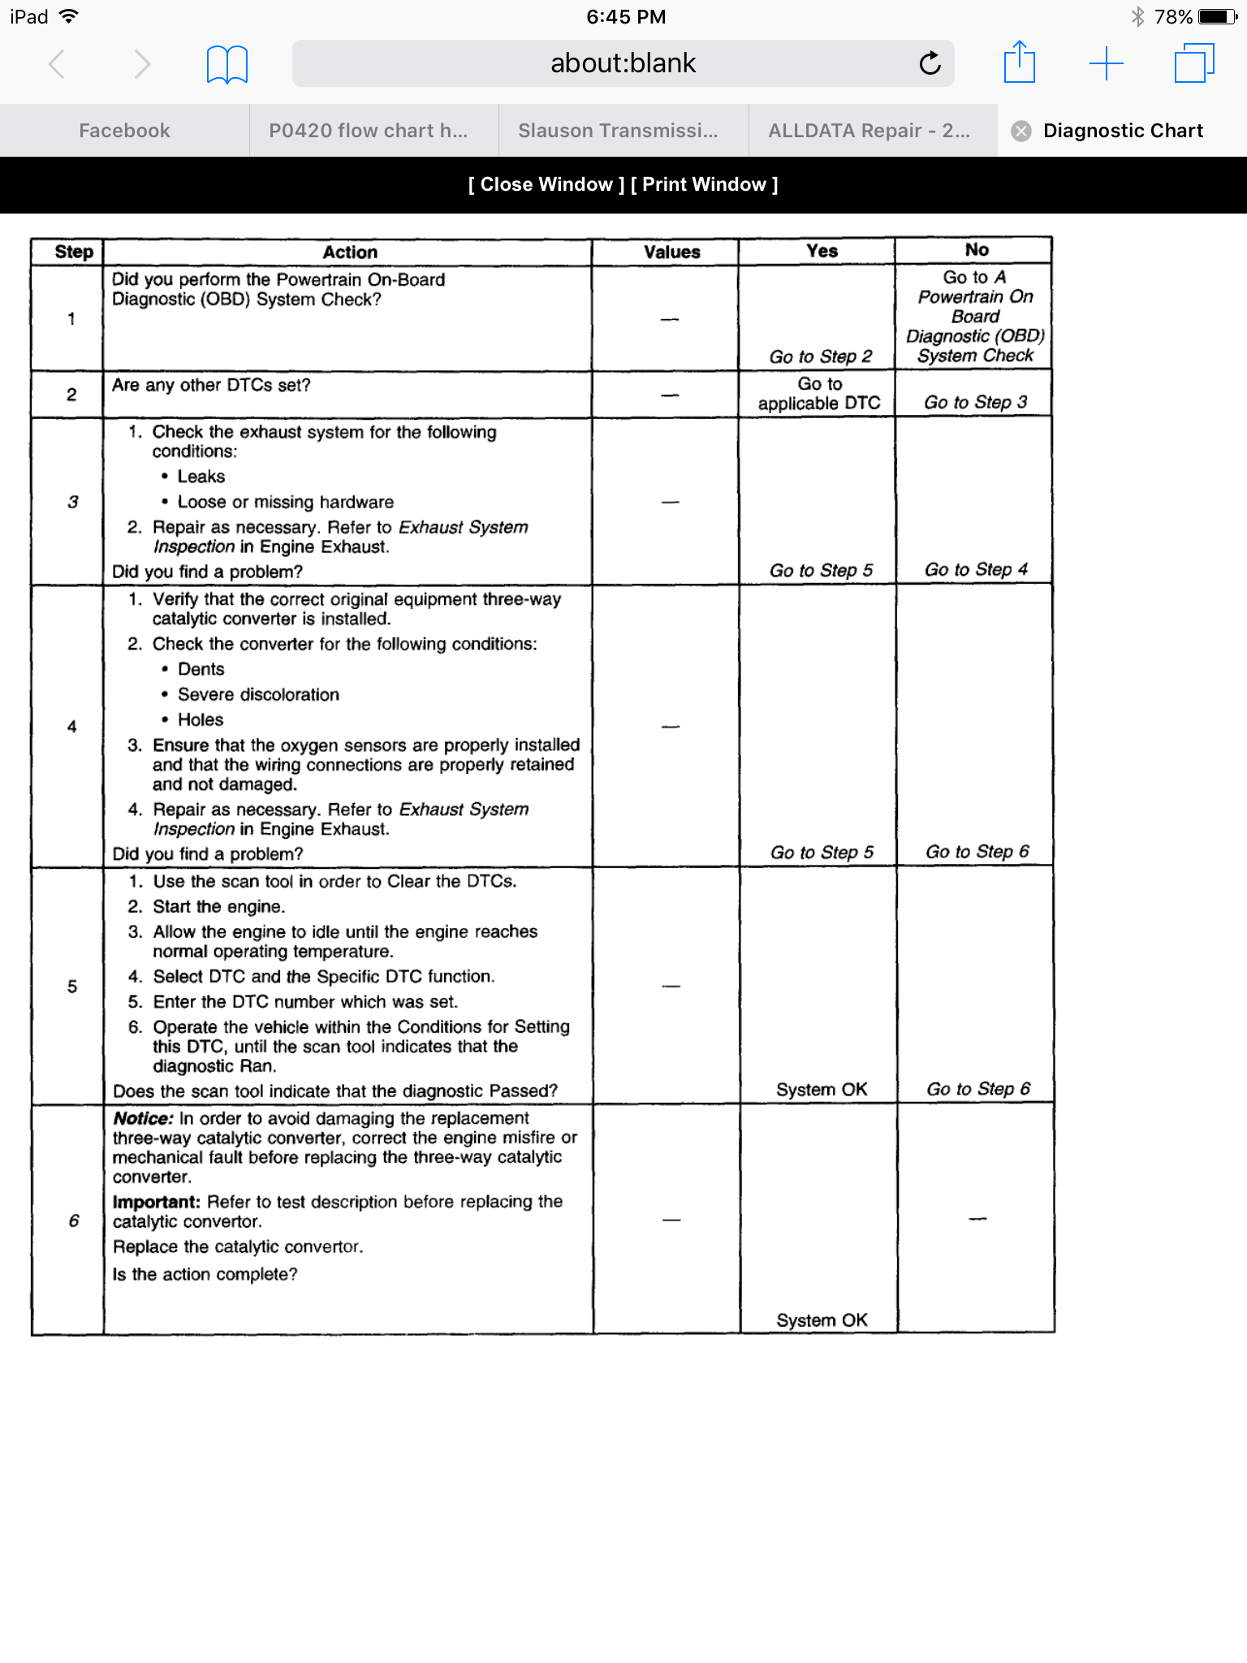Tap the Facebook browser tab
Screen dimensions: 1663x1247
[x=124, y=131]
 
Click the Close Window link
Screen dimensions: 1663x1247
[x=546, y=184]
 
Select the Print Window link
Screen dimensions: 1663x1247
[x=704, y=184]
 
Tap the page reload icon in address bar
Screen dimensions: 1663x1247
[x=930, y=63]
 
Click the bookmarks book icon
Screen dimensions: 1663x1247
[x=227, y=64]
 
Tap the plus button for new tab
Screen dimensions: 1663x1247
[x=1106, y=63]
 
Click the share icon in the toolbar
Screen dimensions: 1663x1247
[x=1019, y=63]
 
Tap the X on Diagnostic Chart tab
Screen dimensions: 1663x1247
[x=1021, y=131]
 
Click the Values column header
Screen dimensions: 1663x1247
[x=671, y=252]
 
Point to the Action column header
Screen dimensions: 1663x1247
[x=350, y=252]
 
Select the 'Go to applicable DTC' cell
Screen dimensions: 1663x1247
[x=819, y=394]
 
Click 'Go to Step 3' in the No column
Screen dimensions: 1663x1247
[x=975, y=402]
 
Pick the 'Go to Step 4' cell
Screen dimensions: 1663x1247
[x=976, y=569]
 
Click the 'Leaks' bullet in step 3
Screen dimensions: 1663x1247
[x=201, y=477]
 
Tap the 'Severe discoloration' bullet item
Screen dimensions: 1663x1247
[x=258, y=694]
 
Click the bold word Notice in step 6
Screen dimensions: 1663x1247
[x=143, y=1118]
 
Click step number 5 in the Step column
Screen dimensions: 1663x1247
[x=72, y=987]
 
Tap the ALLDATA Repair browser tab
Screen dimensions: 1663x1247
[x=869, y=131]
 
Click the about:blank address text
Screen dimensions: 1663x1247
[x=623, y=63]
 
